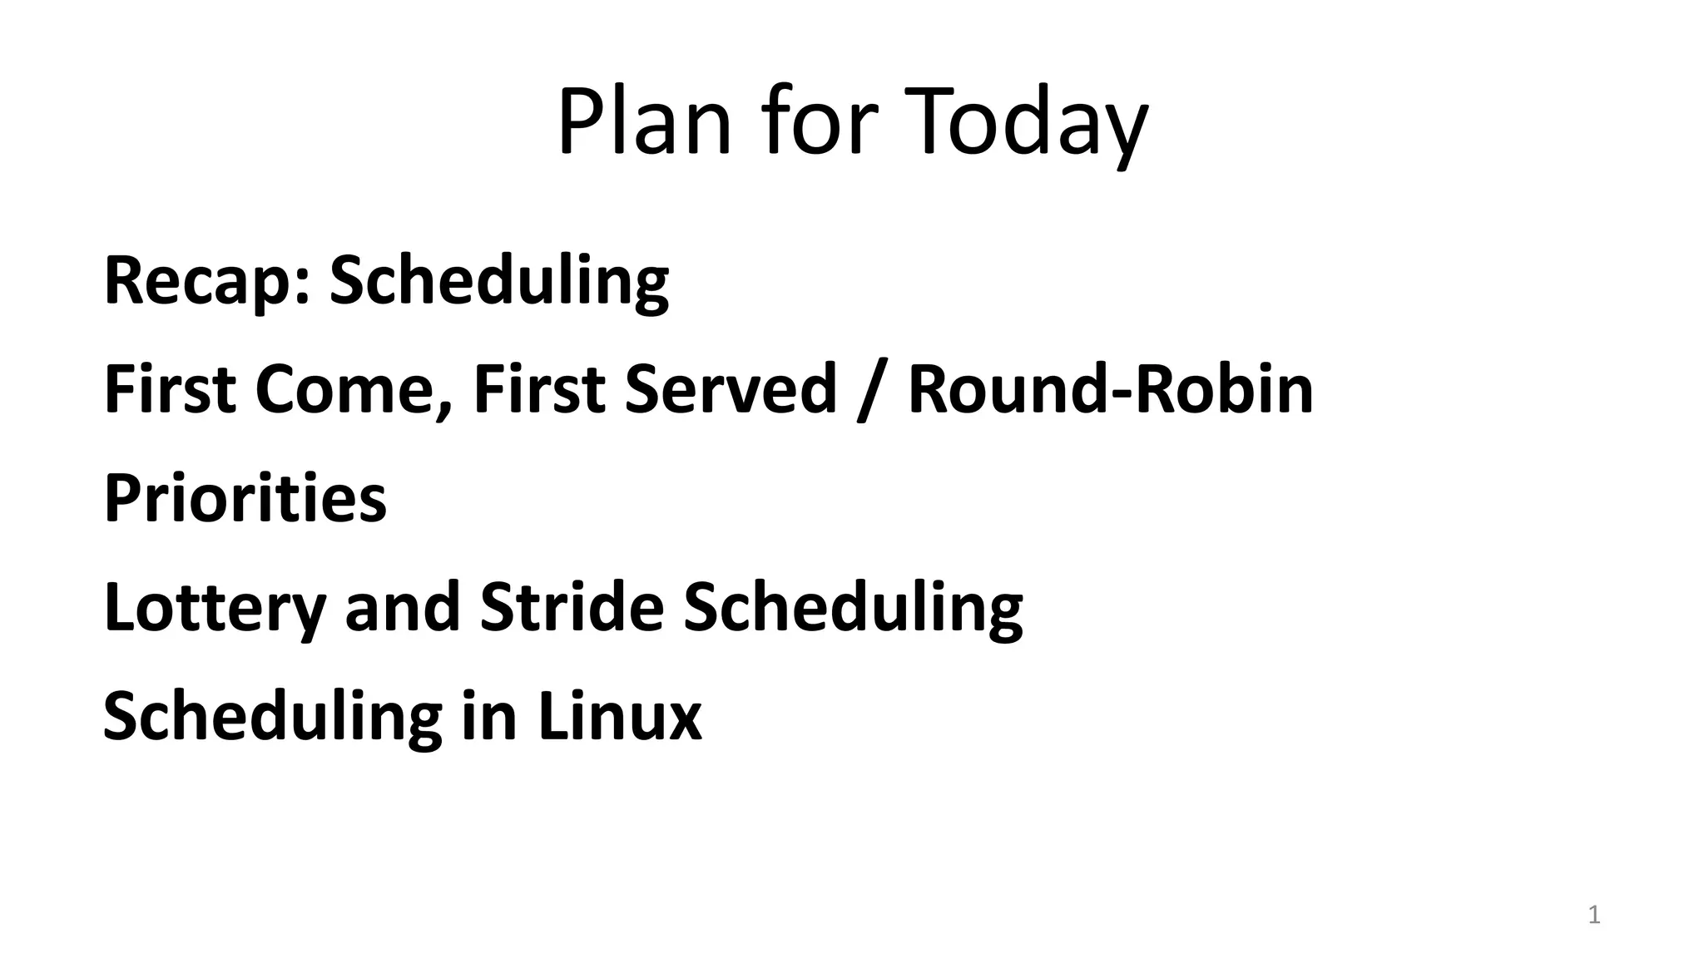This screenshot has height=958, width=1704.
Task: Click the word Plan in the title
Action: (644, 122)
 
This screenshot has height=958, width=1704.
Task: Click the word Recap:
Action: (207, 281)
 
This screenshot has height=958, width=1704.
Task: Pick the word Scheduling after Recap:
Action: (499, 281)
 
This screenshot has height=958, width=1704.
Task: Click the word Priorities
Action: (245, 498)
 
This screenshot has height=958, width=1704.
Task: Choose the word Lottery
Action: (214, 608)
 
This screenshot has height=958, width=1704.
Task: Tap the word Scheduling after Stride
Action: (853, 608)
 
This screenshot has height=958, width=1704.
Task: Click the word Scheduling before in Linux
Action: (272, 717)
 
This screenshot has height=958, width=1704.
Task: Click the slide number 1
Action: (1594, 916)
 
